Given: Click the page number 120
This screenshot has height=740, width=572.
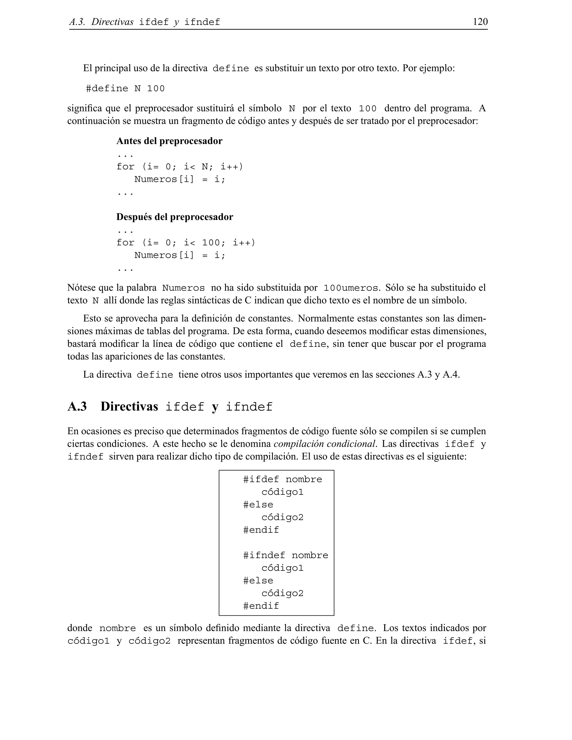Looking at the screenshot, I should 480,22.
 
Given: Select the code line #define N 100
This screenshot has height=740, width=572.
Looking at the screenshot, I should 125,89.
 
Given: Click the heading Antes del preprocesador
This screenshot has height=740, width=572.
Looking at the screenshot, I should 169,141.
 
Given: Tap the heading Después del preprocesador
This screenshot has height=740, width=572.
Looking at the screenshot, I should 175,217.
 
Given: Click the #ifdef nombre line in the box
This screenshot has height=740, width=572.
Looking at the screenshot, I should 283,479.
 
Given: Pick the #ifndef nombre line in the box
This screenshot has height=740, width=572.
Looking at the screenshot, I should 286,555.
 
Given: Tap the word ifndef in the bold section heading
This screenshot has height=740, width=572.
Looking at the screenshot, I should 249,407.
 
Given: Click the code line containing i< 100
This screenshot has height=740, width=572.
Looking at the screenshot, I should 186,243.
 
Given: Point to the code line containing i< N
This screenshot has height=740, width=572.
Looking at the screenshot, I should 180,167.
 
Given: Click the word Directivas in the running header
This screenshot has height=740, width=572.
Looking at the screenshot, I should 112,22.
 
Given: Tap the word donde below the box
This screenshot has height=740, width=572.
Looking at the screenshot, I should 80,628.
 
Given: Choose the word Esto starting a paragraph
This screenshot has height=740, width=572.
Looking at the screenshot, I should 92,319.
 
